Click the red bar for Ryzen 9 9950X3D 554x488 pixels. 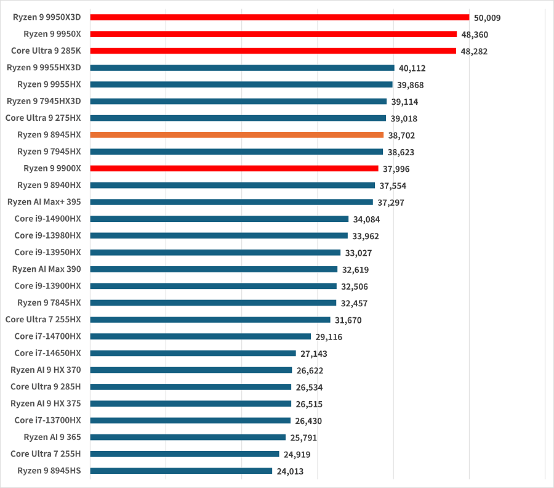pos(279,17)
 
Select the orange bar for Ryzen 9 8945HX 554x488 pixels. pos(236,135)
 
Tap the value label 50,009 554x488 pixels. pos(487,18)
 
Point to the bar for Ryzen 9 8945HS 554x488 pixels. pos(181,471)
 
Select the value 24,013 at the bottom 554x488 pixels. pos(290,472)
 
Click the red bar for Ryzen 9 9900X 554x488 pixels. pos(234,168)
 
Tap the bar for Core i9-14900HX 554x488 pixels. pos(219,219)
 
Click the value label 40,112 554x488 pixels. pos(412,68)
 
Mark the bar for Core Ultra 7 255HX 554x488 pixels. pos(210,319)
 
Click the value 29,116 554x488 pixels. pos(329,337)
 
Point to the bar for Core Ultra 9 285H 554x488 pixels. pos(190,387)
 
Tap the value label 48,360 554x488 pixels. pos(475,35)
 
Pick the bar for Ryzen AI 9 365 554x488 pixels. pos(188,437)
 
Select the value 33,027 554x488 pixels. pos(358,253)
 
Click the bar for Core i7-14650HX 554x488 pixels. pos(193,353)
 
